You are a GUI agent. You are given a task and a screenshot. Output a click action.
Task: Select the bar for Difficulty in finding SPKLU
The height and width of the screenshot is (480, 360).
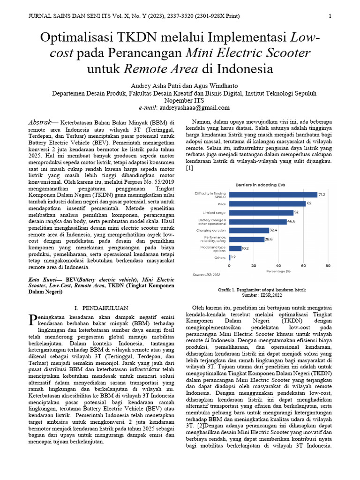(272, 194)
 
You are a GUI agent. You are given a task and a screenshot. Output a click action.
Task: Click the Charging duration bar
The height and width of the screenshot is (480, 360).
(248, 230)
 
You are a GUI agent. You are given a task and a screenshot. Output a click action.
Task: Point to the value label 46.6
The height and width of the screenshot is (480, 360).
(291, 221)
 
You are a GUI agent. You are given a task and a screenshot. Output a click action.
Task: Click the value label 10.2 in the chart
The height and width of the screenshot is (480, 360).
(246, 248)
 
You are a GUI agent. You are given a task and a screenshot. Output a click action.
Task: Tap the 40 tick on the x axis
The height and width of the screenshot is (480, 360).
(279, 265)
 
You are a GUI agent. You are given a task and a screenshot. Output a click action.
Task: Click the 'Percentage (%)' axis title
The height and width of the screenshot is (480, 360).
(278, 270)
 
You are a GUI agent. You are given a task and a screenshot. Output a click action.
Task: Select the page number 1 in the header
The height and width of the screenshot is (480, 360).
(330, 16)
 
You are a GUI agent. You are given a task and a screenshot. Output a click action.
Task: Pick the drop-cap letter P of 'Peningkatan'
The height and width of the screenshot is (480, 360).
(32, 320)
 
